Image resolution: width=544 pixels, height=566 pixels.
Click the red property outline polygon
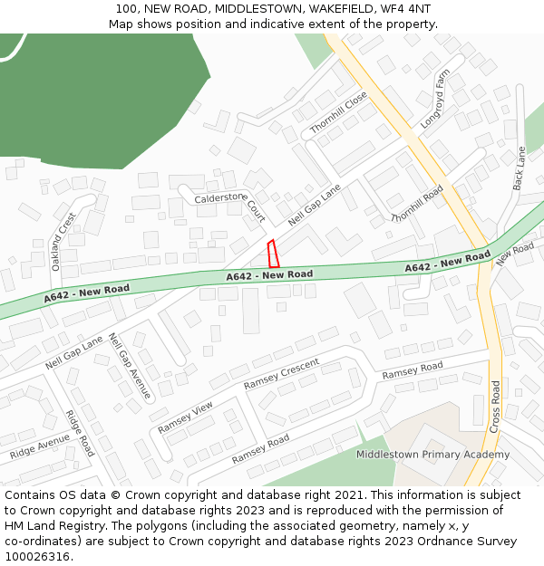(272, 254)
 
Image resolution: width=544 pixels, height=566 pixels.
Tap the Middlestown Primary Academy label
(432, 455)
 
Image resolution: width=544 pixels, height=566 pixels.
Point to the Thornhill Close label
(338, 113)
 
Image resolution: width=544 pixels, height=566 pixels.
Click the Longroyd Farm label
(435, 98)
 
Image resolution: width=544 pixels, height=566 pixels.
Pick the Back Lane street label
(520, 168)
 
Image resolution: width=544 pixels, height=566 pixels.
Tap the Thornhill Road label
(417, 204)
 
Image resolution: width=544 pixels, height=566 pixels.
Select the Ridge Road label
(79, 433)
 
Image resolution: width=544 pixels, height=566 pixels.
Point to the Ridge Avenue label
(40, 446)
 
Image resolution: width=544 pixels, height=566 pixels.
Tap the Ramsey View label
(185, 416)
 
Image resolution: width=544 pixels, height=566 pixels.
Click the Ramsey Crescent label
(281, 374)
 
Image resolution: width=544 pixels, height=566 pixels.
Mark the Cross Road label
(495, 405)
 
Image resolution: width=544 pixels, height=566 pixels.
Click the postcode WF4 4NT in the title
(407, 9)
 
